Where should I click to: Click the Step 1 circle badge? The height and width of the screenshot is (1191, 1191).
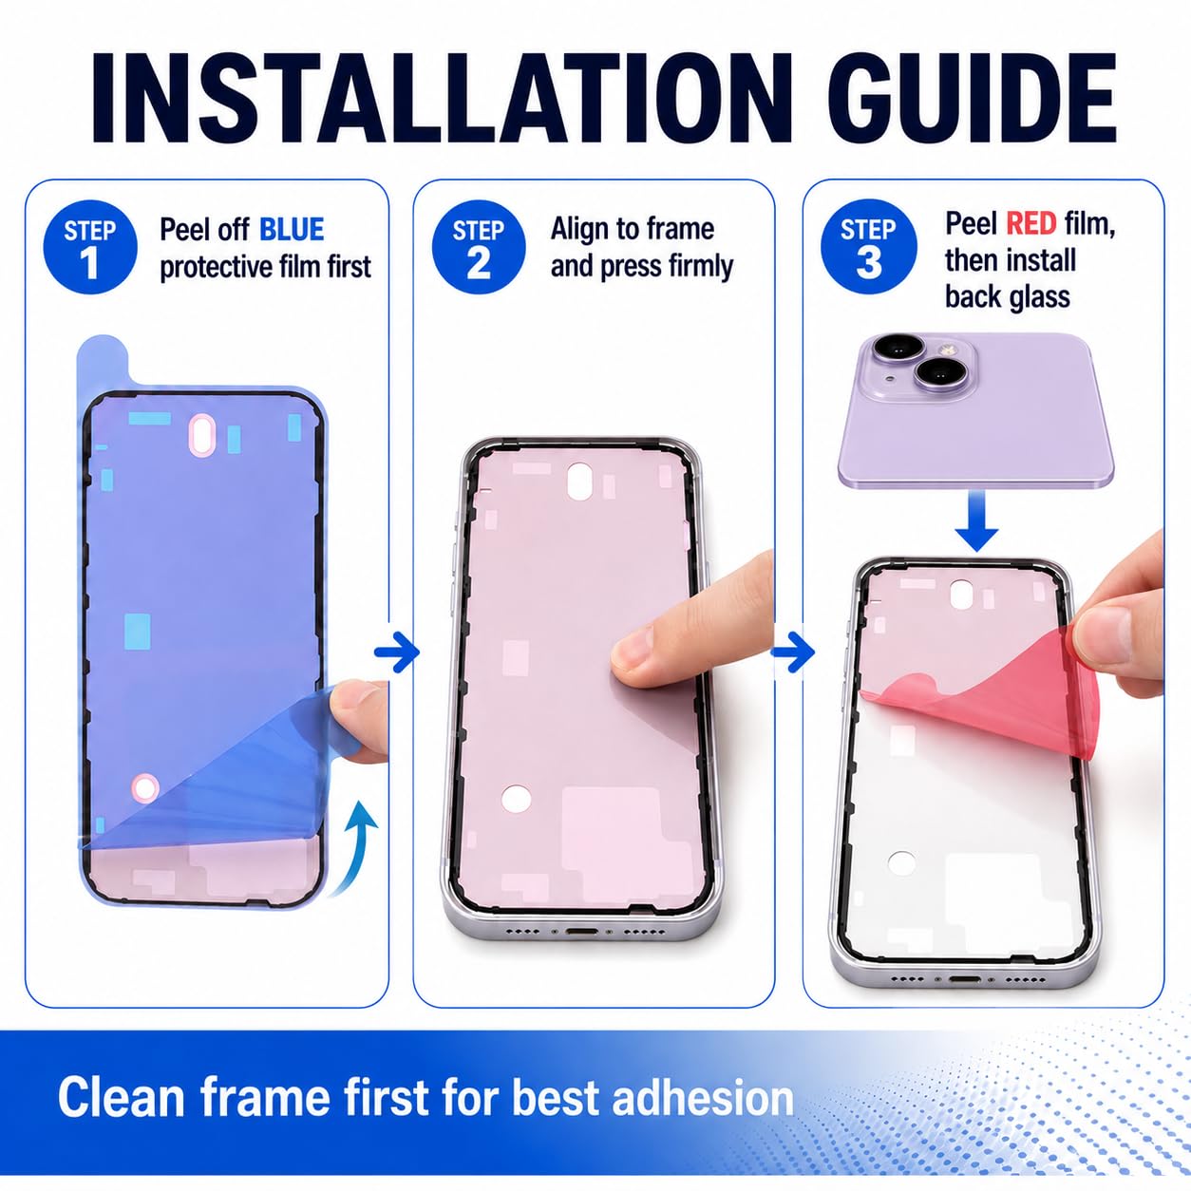coord(90,247)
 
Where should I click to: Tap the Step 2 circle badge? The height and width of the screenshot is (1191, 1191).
coord(479,247)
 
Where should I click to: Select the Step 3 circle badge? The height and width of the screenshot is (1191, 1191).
coord(868,247)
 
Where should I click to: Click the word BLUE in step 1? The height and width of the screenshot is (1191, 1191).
coord(292,230)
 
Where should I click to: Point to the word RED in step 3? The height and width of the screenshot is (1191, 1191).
coord(1031,224)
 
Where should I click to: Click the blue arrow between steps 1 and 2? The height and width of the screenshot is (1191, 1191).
coord(397,652)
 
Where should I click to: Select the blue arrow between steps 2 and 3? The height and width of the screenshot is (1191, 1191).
coord(793,652)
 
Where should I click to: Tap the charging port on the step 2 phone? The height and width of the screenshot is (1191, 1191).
coord(582,931)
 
